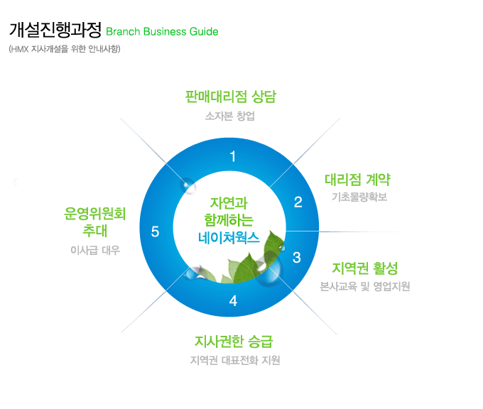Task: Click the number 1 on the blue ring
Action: [x=233, y=156]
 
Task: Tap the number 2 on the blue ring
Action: [x=298, y=202]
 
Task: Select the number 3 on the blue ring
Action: [x=297, y=258]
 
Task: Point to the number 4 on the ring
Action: [x=233, y=301]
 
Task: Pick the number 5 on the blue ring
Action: [x=155, y=231]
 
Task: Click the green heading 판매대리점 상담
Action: [x=231, y=97]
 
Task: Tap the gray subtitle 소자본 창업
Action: [x=230, y=116]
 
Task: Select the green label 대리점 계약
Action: [x=357, y=180]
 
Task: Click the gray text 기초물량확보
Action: [x=359, y=197]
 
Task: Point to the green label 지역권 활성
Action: [x=364, y=268]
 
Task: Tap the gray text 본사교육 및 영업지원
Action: [x=364, y=286]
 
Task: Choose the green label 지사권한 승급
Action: [x=234, y=342]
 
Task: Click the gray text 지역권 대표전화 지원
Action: [x=235, y=360]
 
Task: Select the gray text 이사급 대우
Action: [x=95, y=250]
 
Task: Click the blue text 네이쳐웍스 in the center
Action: [x=229, y=238]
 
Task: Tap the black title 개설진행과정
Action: [x=55, y=30]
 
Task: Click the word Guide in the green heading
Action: [x=204, y=32]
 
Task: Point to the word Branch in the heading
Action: [x=123, y=32]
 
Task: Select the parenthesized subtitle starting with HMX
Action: [x=65, y=49]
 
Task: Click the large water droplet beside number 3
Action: [x=269, y=270]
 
